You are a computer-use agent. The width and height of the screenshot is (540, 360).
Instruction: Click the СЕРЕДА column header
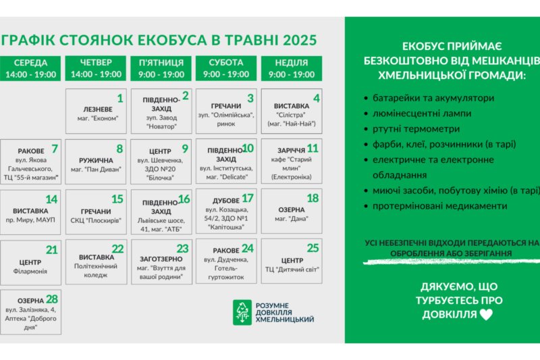[x=30, y=68]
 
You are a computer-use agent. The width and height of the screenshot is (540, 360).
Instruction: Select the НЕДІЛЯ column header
[x=292, y=68]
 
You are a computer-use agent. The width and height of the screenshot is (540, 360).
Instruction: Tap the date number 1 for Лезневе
[x=120, y=99]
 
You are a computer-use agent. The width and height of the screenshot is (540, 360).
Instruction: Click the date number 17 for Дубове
[x=248, y=199]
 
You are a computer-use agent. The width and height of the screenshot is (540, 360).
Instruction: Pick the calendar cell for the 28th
[x=30, y=312]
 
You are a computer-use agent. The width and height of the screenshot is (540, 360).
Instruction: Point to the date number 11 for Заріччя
[x=313, y=149]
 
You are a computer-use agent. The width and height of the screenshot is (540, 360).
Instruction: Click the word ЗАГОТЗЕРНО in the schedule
[x=161, y=259]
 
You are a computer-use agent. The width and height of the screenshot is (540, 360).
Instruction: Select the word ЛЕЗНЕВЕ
[x=98, y=109]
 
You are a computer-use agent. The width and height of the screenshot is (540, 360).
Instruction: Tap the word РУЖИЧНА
[x=96, y=161]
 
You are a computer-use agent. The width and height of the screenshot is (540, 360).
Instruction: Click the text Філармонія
[x=30, y=272]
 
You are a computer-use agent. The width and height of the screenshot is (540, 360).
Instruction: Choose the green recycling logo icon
[x=242, y=313]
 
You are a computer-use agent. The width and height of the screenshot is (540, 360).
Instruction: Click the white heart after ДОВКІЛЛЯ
[x=486, y=315]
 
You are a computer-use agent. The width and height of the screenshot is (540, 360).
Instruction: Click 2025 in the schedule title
[x=300, y=40]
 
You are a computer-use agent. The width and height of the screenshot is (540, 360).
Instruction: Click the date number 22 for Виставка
[x=117, y=249]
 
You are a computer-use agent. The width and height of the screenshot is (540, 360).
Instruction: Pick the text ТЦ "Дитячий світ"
[x=292, y=269]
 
